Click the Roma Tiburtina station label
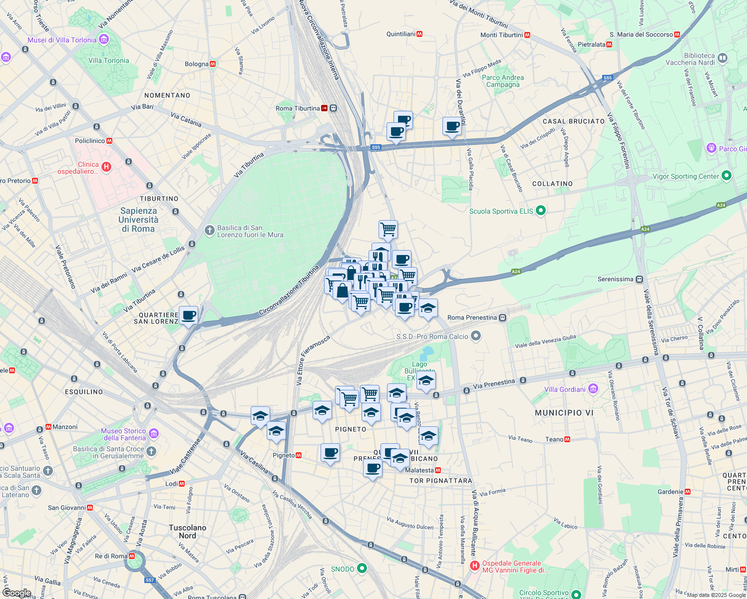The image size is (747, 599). (x=298, y=108)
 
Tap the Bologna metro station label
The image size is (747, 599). (x=197, y=64)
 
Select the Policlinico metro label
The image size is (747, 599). (x=90, y=141)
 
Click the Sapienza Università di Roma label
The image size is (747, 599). (x=138, y=220)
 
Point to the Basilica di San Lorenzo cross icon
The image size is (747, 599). (x=210, y=230)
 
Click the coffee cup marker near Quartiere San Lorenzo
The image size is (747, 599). (x=188, y=315)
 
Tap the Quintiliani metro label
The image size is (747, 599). (x=401, y=34)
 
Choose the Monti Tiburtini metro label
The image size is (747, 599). (x=502, y=35)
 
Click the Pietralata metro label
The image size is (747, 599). (x=592, y=44)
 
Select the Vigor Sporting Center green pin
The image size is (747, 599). (x=727, y=175)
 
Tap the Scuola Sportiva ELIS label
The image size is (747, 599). (x=501, y=211)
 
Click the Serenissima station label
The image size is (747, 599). (x=615, y=279)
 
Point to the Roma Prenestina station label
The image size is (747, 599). (x=472, y=317)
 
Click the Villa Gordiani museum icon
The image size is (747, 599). (x=593, y=388)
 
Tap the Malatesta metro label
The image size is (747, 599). (x=419, y=470)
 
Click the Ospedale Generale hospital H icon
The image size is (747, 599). (x=474, y=566)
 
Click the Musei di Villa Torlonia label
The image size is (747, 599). (x=62, y=40)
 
